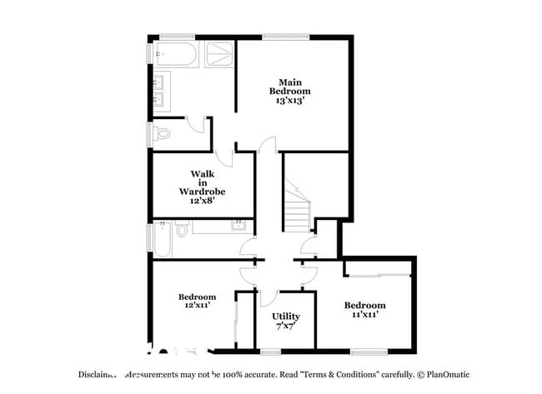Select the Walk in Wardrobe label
click(x=203, y=182)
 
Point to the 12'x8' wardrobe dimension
click(x=203, y=200)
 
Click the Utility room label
click(x=286, y=317)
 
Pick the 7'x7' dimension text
click(x=286, y=327)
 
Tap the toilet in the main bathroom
click(x=163, y=132)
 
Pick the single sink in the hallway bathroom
click(x=238, y=226)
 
